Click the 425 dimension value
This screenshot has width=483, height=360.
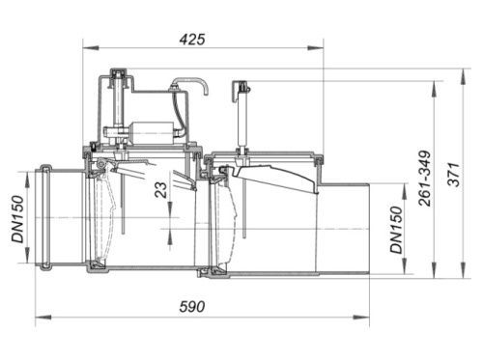tap(192, 40)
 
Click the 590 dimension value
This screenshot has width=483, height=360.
tap(192, 307)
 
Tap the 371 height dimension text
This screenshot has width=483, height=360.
tap(454, 175)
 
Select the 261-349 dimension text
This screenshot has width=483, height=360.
tap(425, 179)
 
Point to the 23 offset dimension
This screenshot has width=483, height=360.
tap(161, 190)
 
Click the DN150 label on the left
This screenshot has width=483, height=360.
tap(17, 219)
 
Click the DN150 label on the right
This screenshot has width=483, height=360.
tap(396, 230)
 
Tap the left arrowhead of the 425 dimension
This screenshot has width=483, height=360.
tap(91, 48)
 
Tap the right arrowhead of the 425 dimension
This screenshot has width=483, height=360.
tap(316, 48)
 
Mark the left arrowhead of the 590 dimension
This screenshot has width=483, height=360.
tap(43, 318)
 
